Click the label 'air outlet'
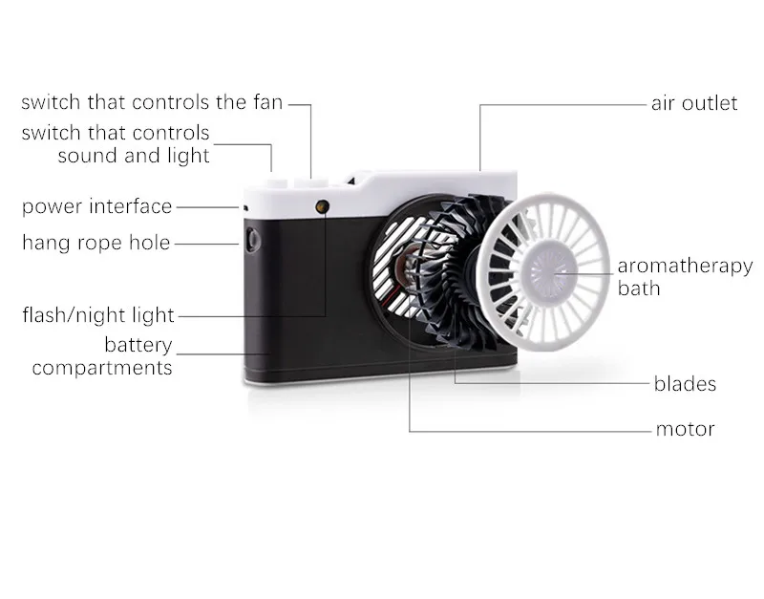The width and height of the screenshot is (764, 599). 694,103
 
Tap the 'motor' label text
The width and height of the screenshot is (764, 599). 685,429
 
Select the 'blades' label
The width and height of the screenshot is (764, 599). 685,384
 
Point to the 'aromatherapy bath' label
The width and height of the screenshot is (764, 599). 685,276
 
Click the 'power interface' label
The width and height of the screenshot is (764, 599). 97,206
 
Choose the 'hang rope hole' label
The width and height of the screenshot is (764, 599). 96,243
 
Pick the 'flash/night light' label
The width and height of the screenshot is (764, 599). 98,315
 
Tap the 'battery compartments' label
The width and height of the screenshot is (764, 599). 102,356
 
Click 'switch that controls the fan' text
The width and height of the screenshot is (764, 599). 152,102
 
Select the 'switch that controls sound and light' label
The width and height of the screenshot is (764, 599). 116,144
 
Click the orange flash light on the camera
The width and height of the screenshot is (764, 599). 322,206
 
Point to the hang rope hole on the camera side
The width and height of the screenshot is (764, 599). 252,240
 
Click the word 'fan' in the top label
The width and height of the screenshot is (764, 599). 268,102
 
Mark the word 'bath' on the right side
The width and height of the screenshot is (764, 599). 639,289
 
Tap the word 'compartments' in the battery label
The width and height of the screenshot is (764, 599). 102,368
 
